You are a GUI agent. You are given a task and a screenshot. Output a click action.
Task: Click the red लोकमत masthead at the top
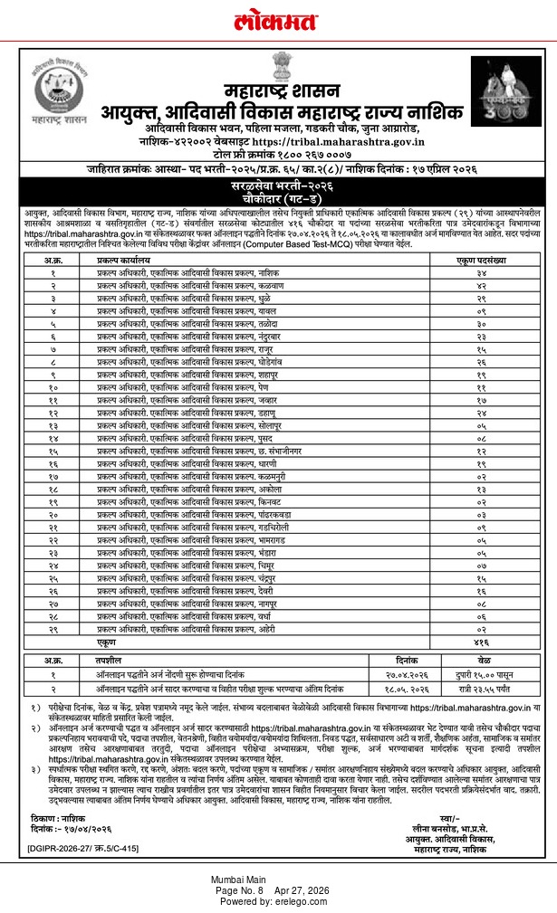tap(278, 19)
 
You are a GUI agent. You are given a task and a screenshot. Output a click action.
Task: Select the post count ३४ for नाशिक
tap(481, 271)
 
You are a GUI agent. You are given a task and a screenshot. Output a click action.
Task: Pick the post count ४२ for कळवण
tap(481, 284)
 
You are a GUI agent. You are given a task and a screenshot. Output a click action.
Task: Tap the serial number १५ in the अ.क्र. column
tap(53, 450)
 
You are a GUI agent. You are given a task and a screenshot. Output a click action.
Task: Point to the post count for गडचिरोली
tap(481, 526)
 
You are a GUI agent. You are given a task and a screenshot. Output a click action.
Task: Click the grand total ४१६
tap(481, 640)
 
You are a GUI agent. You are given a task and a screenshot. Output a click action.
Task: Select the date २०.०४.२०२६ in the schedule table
tap(406, 674)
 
